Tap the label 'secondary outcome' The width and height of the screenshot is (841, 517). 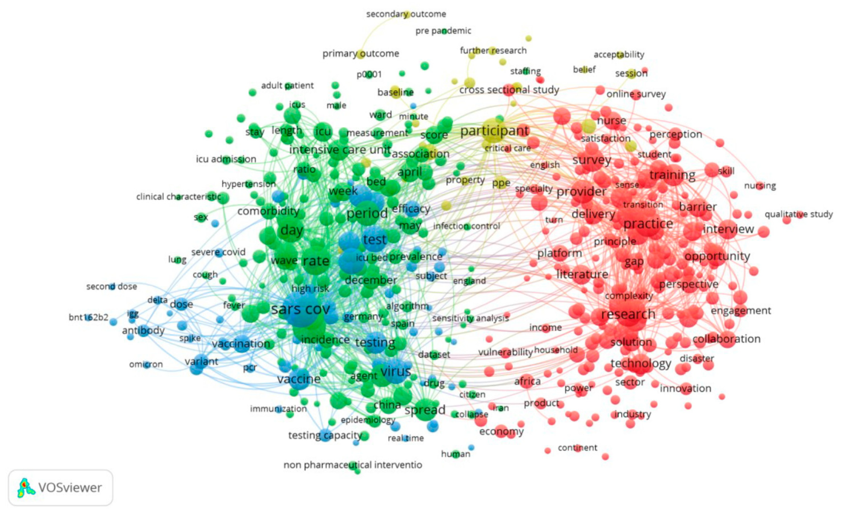406,14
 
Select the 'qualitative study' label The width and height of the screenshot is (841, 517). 799,215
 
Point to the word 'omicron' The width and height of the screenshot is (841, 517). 146,365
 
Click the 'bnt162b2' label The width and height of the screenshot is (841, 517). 88,317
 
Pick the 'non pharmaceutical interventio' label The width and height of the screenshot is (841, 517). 353,465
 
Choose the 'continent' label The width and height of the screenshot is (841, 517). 577,447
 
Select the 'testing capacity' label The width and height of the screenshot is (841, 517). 325,435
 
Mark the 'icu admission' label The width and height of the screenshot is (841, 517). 226,159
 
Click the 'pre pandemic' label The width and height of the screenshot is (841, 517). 443,31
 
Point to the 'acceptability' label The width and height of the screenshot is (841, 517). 619,54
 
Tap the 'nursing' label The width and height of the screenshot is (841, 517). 760,186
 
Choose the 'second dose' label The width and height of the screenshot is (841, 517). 112,287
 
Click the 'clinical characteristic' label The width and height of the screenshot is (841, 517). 178,197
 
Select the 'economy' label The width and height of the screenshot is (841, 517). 501,432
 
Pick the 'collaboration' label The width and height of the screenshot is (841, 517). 726,339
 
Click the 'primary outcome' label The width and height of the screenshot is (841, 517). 361,54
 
